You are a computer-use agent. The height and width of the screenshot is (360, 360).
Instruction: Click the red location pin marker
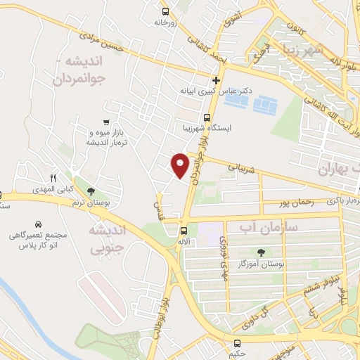[181, 164]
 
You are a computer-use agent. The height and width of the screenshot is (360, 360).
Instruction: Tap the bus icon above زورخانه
[165, 11]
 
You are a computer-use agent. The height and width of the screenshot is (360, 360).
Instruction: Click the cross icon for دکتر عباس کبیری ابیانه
[216, 79]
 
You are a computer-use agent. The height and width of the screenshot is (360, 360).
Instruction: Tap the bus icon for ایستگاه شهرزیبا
[207, 117]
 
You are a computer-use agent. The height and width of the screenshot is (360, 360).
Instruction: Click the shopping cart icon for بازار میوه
[105, 122]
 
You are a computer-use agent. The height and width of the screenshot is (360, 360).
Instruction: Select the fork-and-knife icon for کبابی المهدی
[52, 178]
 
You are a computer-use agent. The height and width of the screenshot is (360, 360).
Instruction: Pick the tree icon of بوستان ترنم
[90, 191]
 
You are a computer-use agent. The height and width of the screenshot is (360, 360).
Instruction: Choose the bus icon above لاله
[184, 230]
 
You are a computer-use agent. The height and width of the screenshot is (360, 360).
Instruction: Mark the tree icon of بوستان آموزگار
[262, 252]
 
